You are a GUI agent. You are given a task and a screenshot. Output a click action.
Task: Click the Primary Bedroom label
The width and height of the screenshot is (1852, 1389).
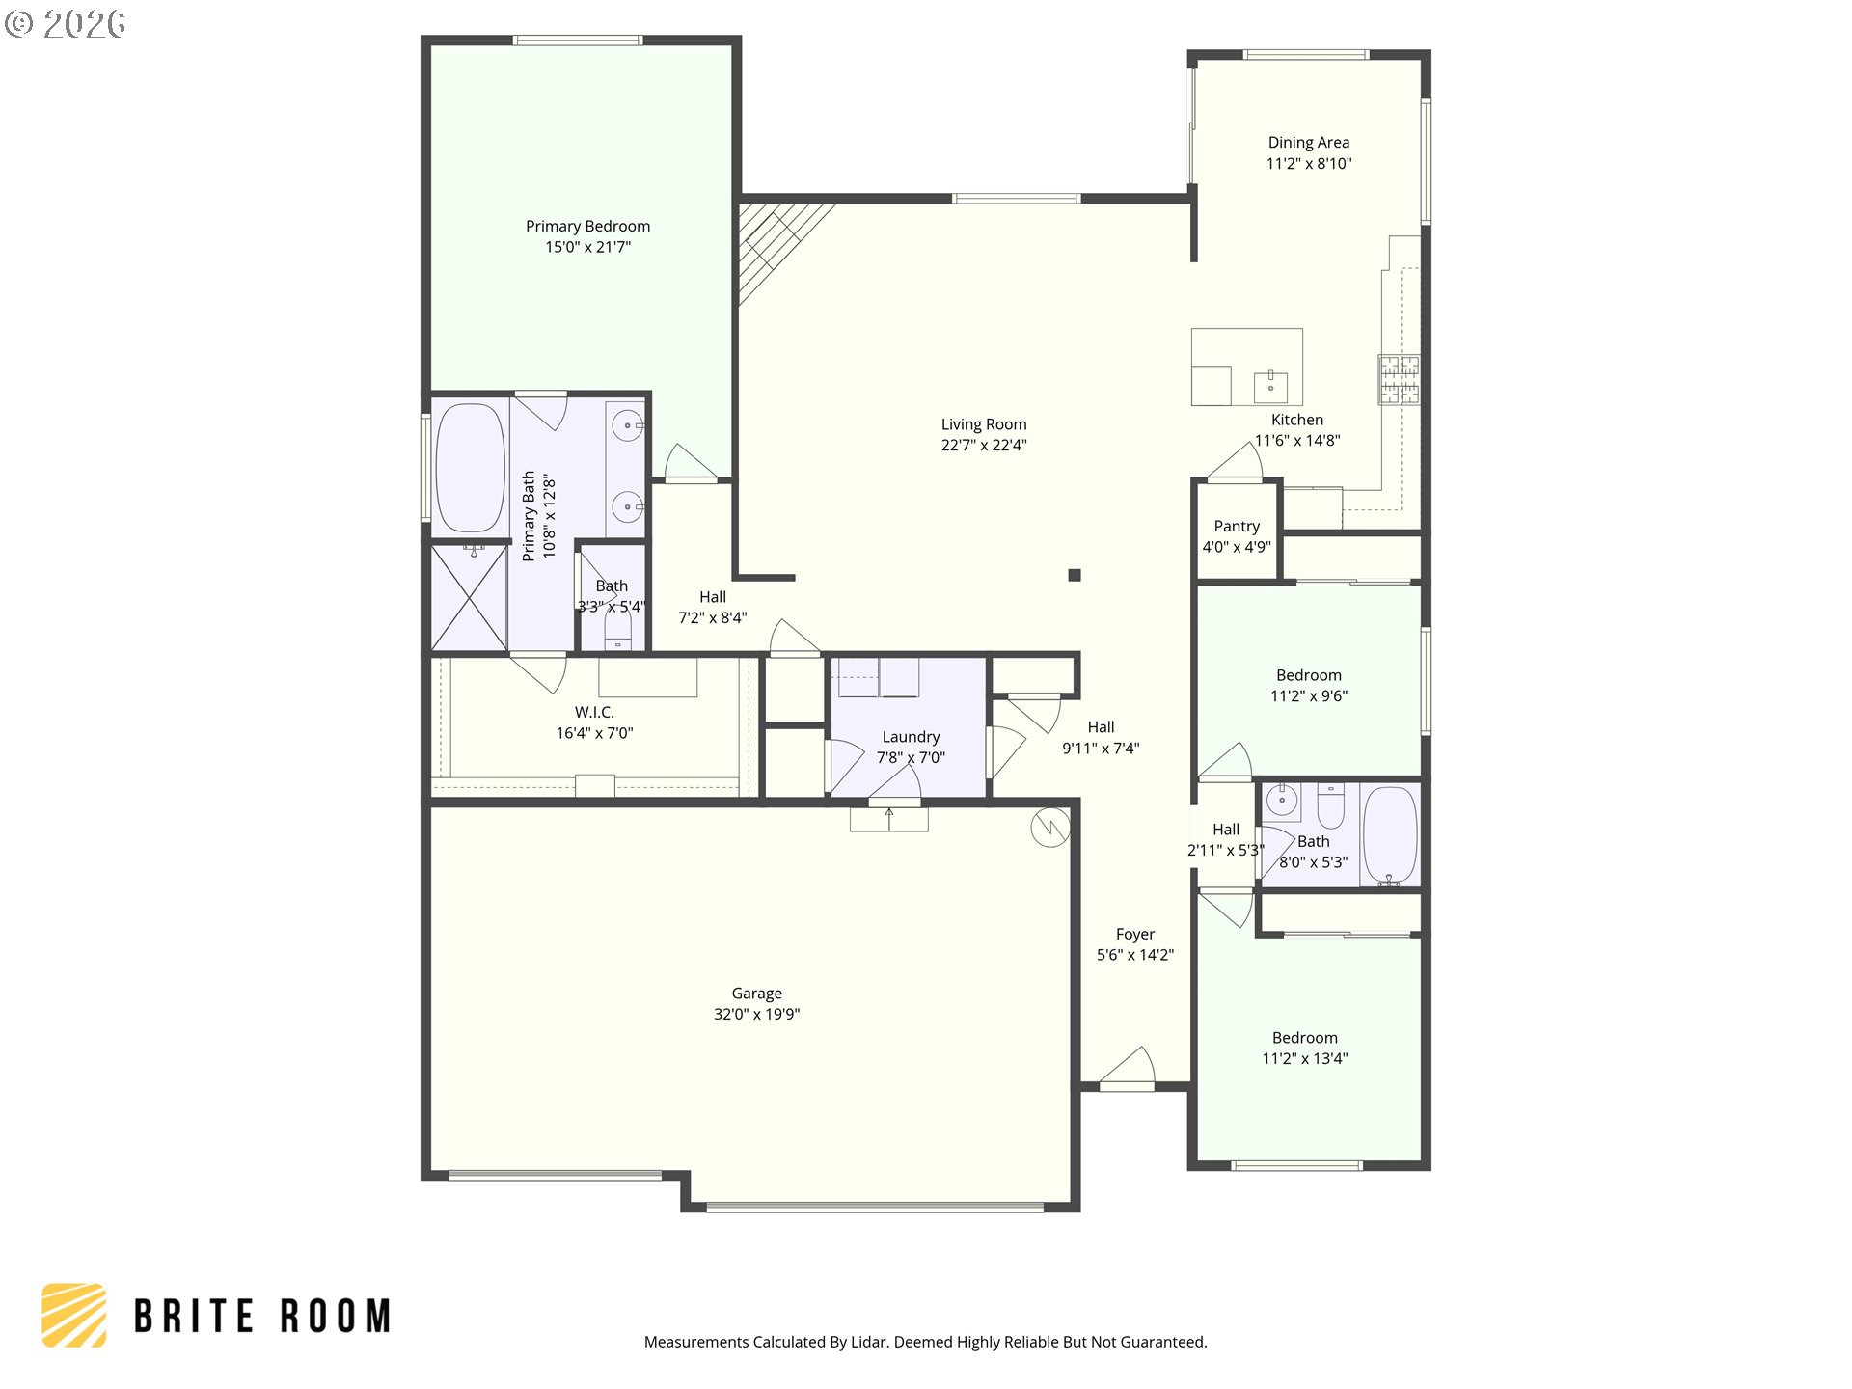[587, 226]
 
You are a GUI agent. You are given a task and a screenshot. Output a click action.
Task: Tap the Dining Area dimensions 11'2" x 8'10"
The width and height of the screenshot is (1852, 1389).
[1309, 164]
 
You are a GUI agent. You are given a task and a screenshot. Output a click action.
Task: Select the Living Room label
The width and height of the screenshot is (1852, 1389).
[984, 424]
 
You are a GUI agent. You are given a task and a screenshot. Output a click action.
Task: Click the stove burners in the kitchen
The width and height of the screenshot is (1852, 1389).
[1399, 378]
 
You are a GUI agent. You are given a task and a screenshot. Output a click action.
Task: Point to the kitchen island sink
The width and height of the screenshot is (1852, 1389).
[1270, 387]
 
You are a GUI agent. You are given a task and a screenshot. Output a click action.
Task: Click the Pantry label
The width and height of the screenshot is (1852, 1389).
[1237, 526]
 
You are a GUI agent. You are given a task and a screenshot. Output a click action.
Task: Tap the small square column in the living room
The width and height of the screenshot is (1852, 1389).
[1075, 575]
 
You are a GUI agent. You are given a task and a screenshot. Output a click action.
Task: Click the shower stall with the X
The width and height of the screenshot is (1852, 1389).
[470, 598]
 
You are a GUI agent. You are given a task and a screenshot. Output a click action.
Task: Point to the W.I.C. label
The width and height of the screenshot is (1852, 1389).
[594, 712]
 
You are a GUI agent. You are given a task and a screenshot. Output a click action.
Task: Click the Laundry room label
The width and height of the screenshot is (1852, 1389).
[911, 737]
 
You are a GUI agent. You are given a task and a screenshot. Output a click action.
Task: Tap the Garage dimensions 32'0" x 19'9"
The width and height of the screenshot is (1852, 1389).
[757, 1014]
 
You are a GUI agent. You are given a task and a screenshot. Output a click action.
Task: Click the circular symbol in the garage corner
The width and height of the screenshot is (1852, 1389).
[1049, 828]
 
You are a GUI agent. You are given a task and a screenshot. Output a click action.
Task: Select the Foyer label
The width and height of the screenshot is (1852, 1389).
[1135, 934]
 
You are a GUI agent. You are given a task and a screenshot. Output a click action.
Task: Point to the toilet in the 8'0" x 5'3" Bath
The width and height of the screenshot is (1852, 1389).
[1331, 806]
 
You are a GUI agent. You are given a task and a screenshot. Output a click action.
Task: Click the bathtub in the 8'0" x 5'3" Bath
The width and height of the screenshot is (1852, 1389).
[1390, 835]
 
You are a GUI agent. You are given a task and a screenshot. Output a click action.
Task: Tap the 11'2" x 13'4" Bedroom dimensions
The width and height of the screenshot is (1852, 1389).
[1305, 1058]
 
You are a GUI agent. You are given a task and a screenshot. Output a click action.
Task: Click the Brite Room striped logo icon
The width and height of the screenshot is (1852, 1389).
[74, 1315]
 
